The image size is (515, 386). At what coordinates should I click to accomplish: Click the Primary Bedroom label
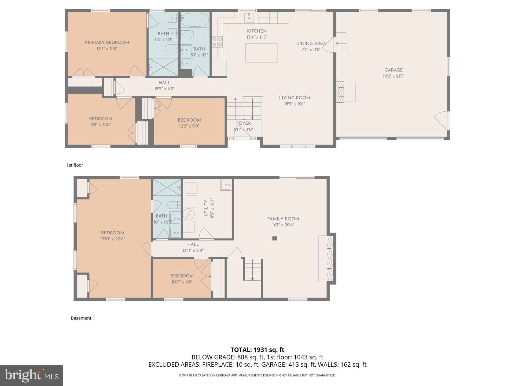[x=107, y=42]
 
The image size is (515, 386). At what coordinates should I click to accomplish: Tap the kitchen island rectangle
[x=261, y=53]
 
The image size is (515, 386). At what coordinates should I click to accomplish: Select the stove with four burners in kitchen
[x=217, y=42]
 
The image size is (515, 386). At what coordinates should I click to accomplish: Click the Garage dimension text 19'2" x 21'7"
[x=393, y=76]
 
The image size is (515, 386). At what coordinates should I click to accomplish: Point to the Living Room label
[x=295, y=98]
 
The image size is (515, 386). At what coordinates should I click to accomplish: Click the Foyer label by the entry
[x=243, y=123]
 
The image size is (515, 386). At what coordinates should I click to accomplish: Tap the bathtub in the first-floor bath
[x=195, y=20]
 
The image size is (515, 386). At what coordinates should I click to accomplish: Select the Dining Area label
[x=311, y=43]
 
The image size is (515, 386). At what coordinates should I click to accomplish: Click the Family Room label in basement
[x=283, y=219]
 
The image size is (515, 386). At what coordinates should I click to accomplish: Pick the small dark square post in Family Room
[x=275, y=238]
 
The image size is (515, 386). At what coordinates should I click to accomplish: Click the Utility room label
[x=206, y=208]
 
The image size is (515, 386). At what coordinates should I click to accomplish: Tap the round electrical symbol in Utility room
[x=189, y=214]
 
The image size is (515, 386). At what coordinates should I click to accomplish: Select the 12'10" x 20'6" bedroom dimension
[x=112, y=239]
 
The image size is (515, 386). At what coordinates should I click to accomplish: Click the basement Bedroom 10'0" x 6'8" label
[x=182, y=276]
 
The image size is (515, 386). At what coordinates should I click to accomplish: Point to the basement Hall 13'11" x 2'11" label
[x=193, y=244]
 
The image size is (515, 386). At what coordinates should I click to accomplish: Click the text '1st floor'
[x=75, y=165]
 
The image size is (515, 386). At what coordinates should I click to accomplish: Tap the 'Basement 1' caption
[x=83, y=318]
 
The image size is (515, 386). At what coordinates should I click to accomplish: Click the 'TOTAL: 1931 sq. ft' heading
[x=257, y=350]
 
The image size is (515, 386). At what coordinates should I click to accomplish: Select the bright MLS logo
[x=31, y=376]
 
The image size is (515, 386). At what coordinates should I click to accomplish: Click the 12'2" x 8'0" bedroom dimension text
[x=189, y=126]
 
